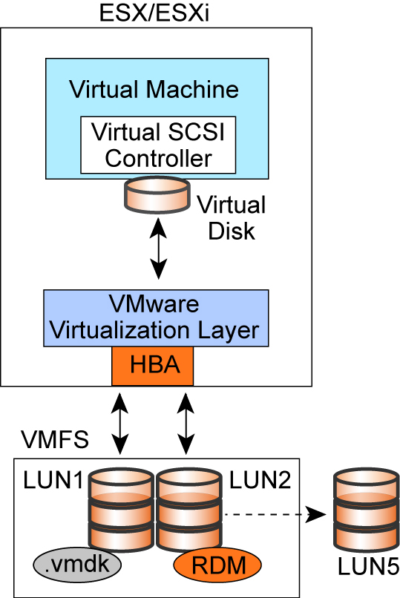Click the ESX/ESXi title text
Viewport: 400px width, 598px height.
154,13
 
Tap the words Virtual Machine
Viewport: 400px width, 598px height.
154,89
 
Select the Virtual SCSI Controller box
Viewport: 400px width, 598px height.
158,145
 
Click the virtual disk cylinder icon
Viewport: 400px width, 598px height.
157,194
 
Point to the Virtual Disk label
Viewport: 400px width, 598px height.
232,218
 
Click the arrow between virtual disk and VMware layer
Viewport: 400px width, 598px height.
158,249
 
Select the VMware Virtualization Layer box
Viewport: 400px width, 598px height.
156,318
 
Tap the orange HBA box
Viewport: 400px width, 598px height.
153,366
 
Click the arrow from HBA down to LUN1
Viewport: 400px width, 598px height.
119,424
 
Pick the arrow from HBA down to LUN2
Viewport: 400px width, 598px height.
186,424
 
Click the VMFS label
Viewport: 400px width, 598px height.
55,439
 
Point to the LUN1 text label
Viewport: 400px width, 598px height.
53,480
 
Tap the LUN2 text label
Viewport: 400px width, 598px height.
260,480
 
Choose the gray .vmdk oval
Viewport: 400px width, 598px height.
77,565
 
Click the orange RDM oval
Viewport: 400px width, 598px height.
217,565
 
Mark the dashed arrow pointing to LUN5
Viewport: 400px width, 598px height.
275,514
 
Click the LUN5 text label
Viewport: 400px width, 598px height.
368,567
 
